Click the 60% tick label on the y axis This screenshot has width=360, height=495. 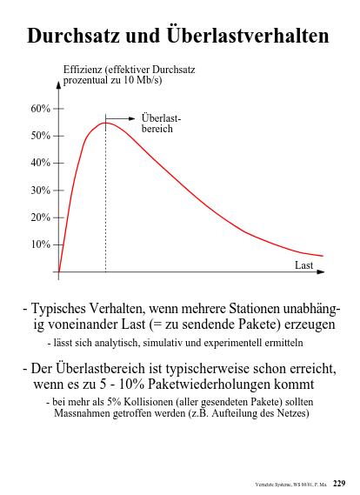pyautogui.click(x=40, y=109)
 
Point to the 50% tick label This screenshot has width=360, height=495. pyautogui.click(x=40, y=136)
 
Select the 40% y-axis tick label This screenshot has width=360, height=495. pyautogui.click(x=40, y=163)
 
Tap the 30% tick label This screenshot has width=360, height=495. pyautogui.click(x=40, y=191)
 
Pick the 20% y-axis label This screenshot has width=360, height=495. pyautogui.click(x=40, y=217)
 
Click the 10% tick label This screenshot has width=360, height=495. pyautogui.click(x=40, y=244)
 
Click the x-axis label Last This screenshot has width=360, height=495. pyautogui.click(x=303, y=265)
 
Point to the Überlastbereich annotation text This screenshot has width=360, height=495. pyautogui.click(x=161, y=124)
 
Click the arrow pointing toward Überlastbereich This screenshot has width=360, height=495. pyautogui.click(x=120, y=118)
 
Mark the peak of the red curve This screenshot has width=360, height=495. pyautogui.click(x=106, y=123)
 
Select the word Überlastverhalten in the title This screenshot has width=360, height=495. pyautogui.click(x=248, y=35)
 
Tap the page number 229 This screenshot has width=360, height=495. pyautogui.click(x=339, y=484)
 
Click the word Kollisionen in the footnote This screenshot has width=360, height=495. pyautogui.click(x=149, y=402)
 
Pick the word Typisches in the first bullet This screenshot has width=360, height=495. pyautogui.click(x=58, y=309)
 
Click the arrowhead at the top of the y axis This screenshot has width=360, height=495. pyautogui.click(x=58, y=85)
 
